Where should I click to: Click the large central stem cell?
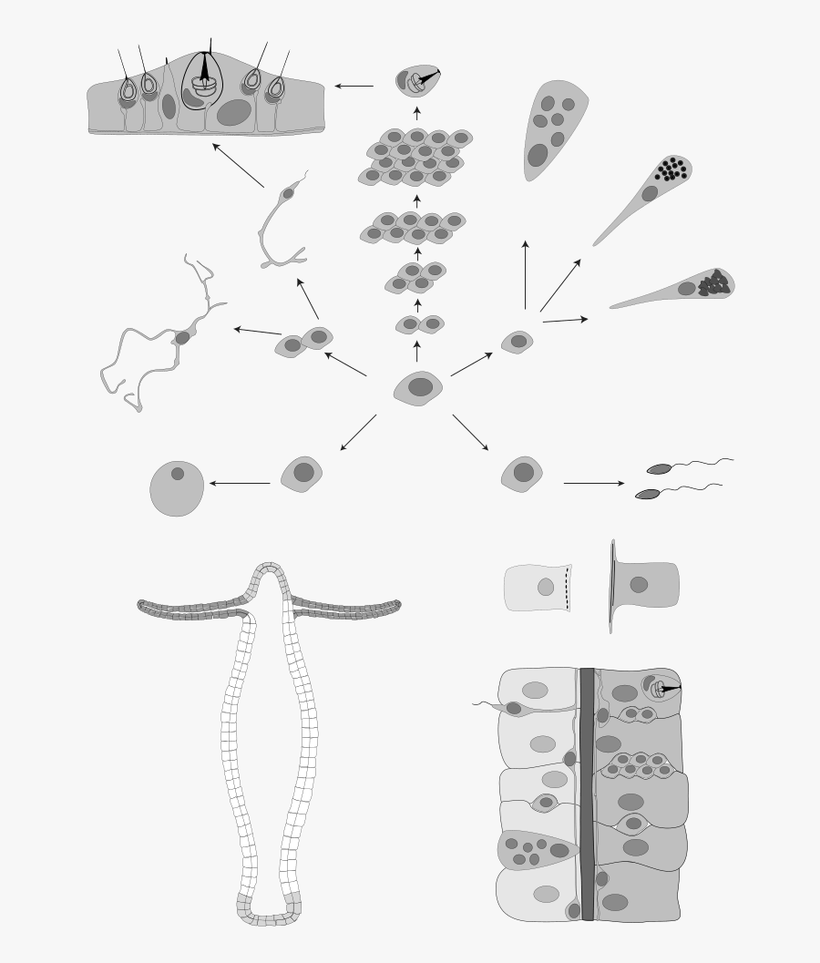tap(418, 387)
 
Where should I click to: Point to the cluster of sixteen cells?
tap(415, 156)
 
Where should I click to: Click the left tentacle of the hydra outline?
tap(191, 609)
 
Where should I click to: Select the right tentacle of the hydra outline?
tap(346, 609)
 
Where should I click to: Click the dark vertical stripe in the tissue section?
tap(587, 793)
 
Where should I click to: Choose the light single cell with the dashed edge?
tap(537, 588)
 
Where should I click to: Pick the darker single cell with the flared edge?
tap(642, 585)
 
